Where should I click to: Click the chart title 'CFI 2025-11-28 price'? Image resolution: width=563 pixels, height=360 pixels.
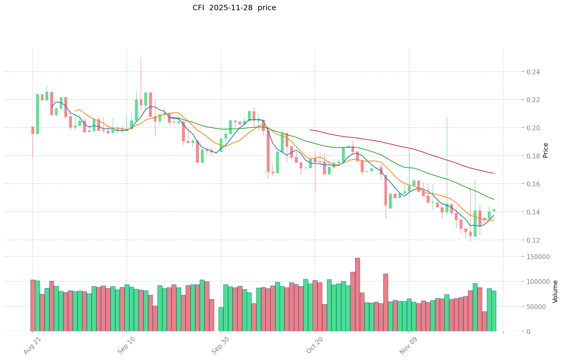(234, 8)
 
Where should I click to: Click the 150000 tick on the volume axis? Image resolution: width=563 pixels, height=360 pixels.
(539, 257)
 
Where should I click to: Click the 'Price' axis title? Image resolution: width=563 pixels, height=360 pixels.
(546, 150)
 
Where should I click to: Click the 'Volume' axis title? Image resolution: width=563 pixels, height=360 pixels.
(555, 291)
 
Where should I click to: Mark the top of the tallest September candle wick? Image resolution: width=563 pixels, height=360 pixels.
(141, 58)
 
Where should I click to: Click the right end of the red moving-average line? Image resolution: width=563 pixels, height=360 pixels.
(494, 173)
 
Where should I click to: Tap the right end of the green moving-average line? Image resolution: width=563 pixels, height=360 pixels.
(494, 199)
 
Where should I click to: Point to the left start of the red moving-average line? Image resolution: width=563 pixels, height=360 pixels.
(310, 130)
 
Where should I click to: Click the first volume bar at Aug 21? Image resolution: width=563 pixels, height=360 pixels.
(33, 305)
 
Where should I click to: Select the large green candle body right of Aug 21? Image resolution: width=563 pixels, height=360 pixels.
(37, 114)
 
